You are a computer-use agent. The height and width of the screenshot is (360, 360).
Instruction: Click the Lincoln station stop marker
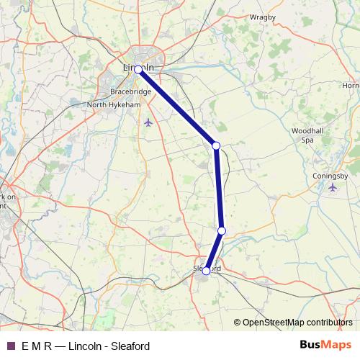[x=138, y=71]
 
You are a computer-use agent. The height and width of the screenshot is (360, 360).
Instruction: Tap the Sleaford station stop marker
[x=206, y=271]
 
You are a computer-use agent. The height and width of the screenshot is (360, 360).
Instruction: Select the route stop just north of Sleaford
[x=222, y=230]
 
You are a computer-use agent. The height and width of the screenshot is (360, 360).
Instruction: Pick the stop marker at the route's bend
[x=216, y=145]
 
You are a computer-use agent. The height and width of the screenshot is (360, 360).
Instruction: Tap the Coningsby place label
[x=331, y=175]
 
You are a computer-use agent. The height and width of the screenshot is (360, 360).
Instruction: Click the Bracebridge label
[x=130, y=93]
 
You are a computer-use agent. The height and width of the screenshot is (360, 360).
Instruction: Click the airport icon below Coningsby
[x=332, y=188]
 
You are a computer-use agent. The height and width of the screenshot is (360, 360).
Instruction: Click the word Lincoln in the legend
[x=85, y=346]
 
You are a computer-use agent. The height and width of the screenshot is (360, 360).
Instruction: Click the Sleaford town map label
[x=207, y=267]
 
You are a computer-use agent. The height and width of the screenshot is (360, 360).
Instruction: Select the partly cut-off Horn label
[x=351, y=86]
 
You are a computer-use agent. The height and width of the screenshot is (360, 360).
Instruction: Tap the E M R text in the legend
[x=36, y=346]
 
